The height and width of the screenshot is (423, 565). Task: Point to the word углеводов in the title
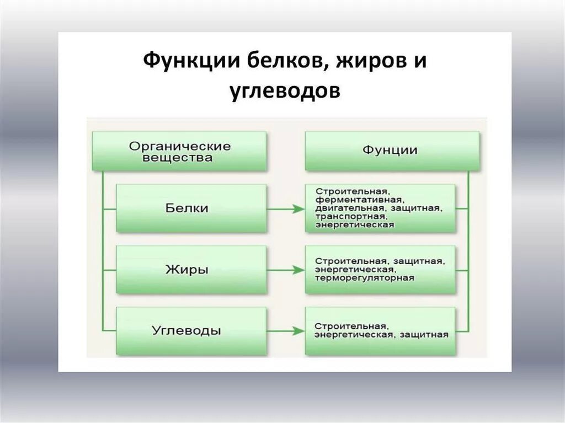[x=285, y=91]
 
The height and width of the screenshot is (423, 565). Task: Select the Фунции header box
[x=392, y=150]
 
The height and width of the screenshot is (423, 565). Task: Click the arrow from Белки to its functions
[x=286, y=209]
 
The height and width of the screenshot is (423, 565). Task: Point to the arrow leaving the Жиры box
[x=286, y=270]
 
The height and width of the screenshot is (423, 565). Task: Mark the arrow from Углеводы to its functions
[x=286, y=331]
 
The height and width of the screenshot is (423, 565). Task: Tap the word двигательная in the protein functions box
[x=351, y=208]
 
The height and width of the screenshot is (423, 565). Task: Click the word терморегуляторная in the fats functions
[x=364, y=278]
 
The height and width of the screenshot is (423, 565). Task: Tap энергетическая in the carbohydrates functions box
[x=353, y=335]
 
